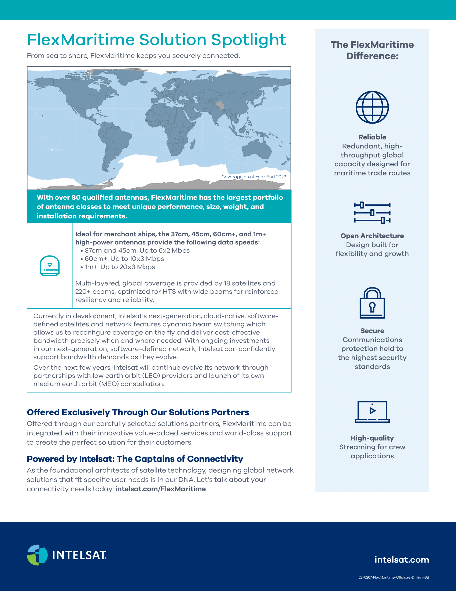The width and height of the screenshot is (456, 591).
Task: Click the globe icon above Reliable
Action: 372,107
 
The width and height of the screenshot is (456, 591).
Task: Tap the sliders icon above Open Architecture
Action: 372,213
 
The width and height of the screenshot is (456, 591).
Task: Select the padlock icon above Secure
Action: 372,303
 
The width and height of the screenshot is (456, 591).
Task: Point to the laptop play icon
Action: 372,412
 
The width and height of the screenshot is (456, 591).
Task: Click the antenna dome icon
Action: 49,265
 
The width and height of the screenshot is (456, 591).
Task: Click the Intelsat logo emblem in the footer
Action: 37,555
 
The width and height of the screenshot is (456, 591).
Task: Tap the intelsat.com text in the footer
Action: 402,560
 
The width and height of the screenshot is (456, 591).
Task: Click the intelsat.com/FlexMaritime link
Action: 160,489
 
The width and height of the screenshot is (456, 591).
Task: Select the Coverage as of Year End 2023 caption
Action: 253,177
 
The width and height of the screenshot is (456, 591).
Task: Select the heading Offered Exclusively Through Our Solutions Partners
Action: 138,412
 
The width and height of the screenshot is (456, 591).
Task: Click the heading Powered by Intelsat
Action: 135,459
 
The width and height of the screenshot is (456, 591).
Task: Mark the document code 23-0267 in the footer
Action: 393,577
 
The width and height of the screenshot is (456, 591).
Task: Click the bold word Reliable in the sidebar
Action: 372,137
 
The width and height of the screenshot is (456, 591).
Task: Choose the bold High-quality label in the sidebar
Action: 372,438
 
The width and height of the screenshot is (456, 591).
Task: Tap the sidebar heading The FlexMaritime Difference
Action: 372,50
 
